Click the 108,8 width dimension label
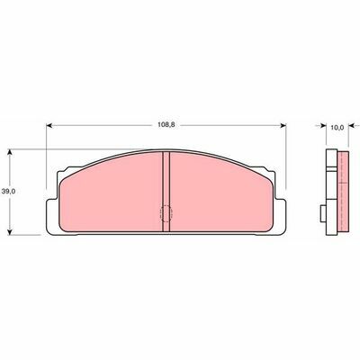pos(166,125)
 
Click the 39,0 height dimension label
pos(8,192)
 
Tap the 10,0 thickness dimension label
pos(337,128)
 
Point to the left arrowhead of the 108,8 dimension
pos(49,125)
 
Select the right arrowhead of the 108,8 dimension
pos(283,125)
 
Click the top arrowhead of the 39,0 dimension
pos(11,152)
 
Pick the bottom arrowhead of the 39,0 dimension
pos(11,231)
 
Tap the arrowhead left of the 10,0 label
pos(323,126)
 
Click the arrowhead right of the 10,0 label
pos(352,126)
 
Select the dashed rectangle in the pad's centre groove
pos(166,214)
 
